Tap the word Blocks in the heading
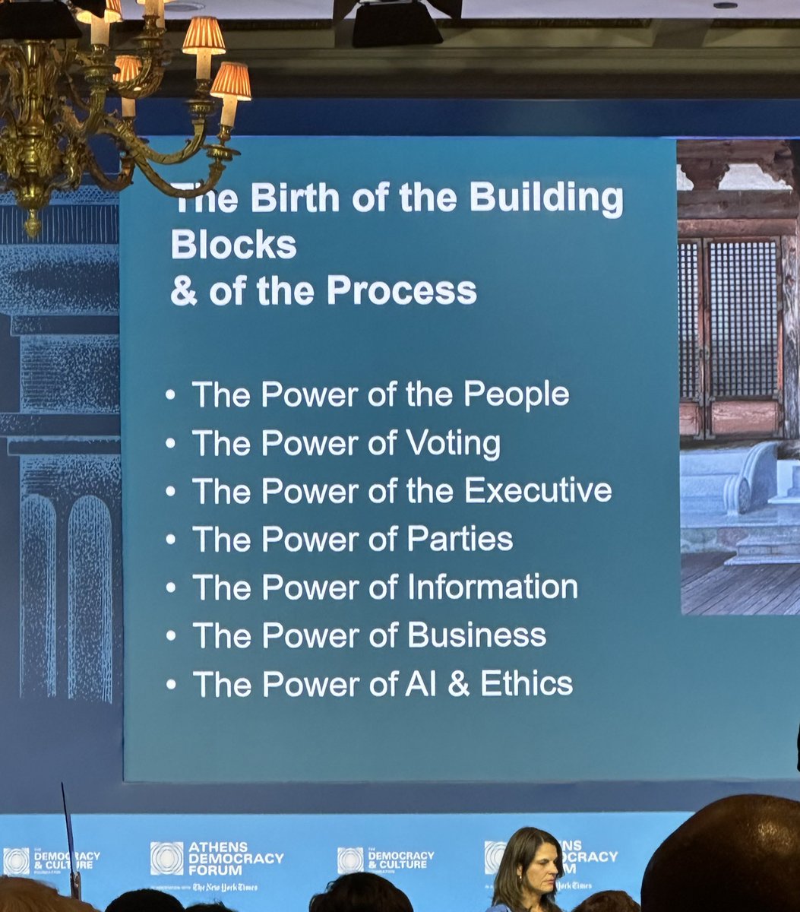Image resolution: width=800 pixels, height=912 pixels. pos(233,245)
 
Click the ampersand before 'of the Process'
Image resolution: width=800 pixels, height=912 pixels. pos(184,291)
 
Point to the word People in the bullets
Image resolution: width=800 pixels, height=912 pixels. pos(517,395)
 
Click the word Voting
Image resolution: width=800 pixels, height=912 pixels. pos(454,444)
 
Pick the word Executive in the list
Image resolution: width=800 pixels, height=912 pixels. pos(538,491)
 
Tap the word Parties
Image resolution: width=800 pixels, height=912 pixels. pos(460,540)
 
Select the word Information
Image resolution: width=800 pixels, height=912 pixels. pos(492,587)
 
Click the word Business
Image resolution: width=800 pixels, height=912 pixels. pos(476,635)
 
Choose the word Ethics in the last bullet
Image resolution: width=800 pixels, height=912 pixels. pos(526,684)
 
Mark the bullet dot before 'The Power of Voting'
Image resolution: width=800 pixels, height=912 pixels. pos(171,444)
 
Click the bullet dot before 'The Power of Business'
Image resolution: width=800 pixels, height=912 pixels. pos(171,636)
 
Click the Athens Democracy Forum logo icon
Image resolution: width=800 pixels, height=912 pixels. pos(166,858)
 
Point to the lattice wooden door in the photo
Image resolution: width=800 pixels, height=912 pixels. pos(729,334)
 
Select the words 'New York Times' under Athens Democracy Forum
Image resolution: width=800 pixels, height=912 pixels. pos(225,887)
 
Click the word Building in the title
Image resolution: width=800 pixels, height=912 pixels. pos(546,199)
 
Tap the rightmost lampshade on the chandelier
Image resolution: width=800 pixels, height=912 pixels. pos(230,81)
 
